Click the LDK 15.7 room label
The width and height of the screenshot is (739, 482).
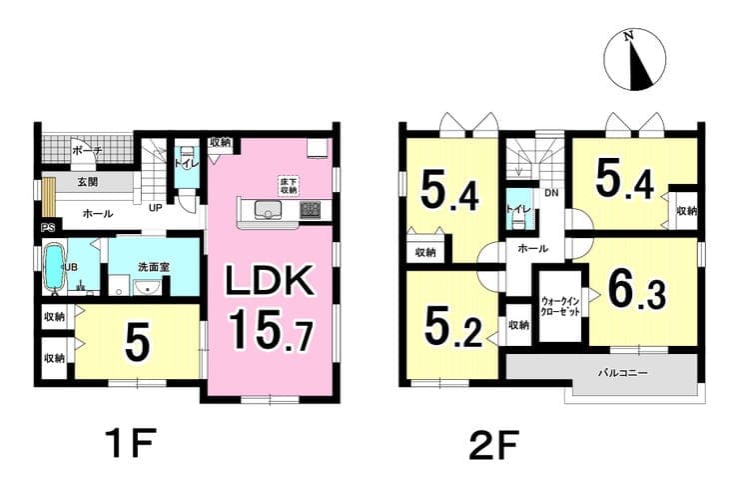(271, 307)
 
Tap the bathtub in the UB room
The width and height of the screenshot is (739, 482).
(54, 267)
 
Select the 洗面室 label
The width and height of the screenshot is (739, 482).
(154, 267)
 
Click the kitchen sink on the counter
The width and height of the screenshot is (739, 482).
(269, 210)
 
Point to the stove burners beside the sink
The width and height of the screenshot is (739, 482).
(310, 209)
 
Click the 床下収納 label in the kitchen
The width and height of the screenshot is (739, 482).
(290, 185)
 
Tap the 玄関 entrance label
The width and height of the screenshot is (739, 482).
(88, 182)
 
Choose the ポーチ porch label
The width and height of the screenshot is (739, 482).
(88, 151)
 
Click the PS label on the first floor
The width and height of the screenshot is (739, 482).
(48, 228)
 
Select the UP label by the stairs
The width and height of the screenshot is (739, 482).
(156, 208)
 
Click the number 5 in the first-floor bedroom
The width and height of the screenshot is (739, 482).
(138, 341)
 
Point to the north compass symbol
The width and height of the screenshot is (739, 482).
(635, 60)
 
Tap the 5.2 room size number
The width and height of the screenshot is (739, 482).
(453, 329)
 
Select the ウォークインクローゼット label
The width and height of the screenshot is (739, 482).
(560, 306)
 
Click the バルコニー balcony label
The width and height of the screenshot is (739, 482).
(622, 373)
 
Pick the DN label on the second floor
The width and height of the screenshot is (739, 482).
(551, 193)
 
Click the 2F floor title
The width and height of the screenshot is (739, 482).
(494, 444)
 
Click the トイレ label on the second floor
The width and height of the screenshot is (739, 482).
(518, 210)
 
